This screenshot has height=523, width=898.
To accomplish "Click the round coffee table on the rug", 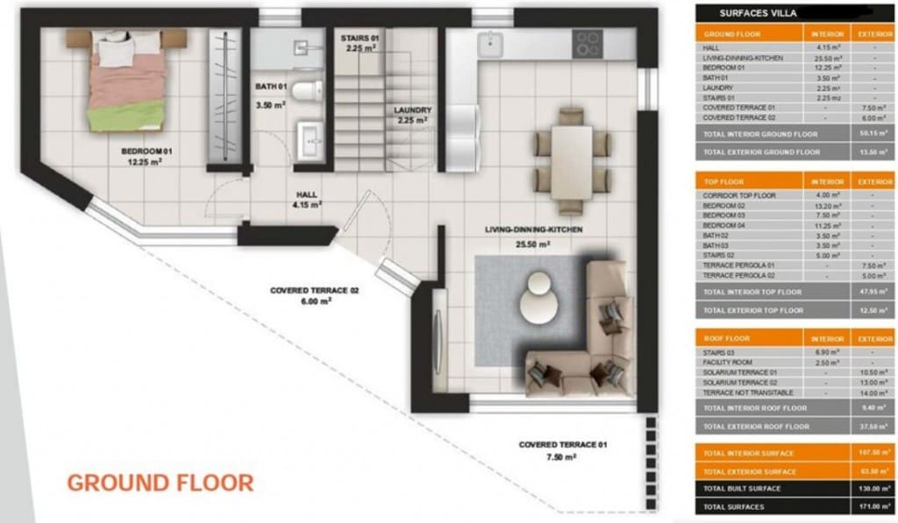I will pos(536,297).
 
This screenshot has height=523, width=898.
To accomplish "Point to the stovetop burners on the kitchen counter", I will pos(588,41).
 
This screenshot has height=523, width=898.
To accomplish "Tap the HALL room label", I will pos(306,195).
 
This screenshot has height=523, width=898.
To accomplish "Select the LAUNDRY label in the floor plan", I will pos(410,110).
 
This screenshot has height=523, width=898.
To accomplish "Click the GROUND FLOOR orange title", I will pos(160,482).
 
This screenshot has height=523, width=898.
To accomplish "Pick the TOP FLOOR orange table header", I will pos(724,181).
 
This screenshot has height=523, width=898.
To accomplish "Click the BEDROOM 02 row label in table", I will pos(723,204).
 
